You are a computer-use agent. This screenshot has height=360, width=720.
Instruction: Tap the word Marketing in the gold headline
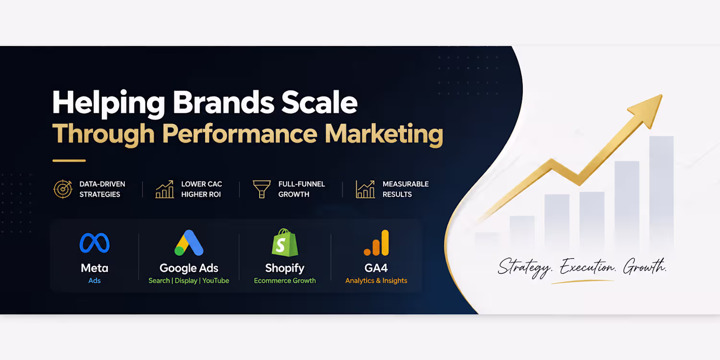tap(384, 135)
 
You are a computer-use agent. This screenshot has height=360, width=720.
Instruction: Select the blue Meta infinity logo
tap(95, 243)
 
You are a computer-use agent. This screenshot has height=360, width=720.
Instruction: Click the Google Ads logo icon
tap(189, 243)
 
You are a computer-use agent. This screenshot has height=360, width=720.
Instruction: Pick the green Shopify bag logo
tap(285, 242)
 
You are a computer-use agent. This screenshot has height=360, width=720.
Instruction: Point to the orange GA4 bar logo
tap(376, 243)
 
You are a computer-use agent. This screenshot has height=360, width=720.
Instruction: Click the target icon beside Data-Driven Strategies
tap(63, 189)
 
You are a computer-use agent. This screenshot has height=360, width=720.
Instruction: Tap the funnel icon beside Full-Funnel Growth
tap(262, 189)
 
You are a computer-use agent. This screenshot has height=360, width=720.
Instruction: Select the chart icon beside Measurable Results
tap(365, 189)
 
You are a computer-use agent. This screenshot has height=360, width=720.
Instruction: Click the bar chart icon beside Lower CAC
tap(165, 189)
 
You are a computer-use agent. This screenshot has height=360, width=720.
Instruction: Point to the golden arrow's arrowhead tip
tap(662, 95)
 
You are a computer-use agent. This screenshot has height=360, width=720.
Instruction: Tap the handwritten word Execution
tap(587, 267)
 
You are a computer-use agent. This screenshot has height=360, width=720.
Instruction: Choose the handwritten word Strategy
tap(525, 267)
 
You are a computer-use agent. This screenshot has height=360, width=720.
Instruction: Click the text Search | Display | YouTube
tap(189, 281)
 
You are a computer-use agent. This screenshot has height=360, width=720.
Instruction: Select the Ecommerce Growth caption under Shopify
tap(285, 281)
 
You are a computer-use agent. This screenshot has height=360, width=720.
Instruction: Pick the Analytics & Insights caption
tap(376, 281)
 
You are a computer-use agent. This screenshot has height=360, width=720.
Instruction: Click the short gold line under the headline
tap(69, 160)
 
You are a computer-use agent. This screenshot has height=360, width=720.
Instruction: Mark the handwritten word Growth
tap(645, 266)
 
